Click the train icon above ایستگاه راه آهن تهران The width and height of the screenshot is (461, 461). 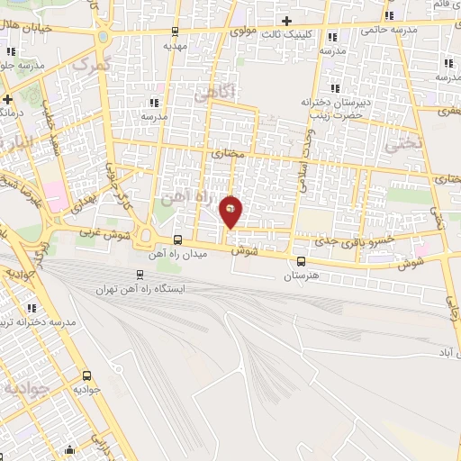[x=140, y=275]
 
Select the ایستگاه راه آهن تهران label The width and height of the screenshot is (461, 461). [x=140, y=289]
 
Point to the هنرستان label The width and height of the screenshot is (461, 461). [x=301, y=276]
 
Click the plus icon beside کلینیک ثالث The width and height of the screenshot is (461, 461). [x=286, y=21]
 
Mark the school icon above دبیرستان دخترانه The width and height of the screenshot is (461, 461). [x=333, y=88]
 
